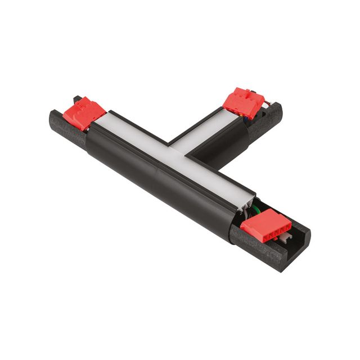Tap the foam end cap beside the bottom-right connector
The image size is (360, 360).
coord(276,253)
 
